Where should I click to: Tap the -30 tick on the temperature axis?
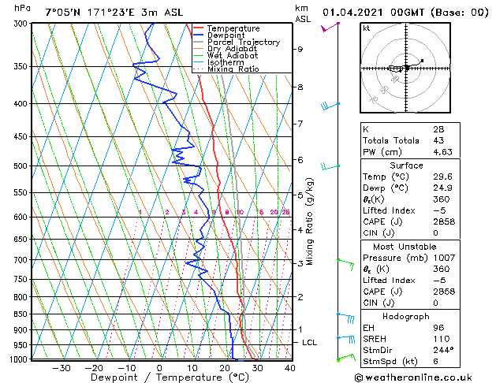click(x=61, y=367)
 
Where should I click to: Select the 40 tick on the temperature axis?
click(x=289, y=367)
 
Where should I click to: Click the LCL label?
click(x=310, y=343)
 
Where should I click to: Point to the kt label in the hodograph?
click(x=367, y=28)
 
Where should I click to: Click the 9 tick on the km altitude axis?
click(x=300, y=49)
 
